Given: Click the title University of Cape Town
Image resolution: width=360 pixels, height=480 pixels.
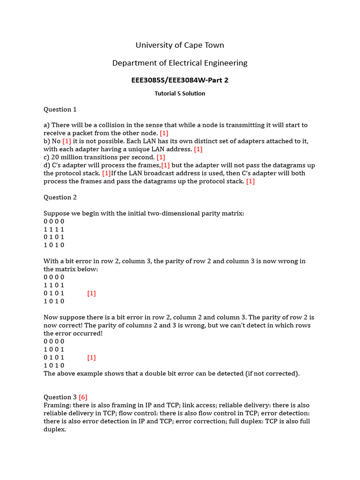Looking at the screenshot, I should [x=180, y=45].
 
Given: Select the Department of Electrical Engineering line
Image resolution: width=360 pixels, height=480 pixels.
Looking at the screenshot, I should [x=180, y=63].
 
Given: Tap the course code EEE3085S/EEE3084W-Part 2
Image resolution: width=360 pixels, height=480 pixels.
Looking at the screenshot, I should [x=180, y=80].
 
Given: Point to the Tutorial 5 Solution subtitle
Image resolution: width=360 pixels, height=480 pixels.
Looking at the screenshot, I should [x=180, y=93].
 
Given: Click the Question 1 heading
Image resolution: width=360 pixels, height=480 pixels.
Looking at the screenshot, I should [x=60, y=109].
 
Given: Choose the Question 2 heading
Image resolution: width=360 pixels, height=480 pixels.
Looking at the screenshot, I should [x=60, y=197].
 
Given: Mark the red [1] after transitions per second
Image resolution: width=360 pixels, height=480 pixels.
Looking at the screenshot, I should [x=161, y=157].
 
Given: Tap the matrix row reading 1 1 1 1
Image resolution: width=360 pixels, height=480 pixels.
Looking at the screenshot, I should [x=54, y=229].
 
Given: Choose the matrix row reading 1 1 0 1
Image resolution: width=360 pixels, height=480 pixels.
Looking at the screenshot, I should [x=54, y=285].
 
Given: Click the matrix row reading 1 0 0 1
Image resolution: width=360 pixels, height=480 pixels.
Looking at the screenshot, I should [x=54, y=349].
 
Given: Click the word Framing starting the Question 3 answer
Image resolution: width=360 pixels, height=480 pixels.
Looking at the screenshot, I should [x=56, y=405].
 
